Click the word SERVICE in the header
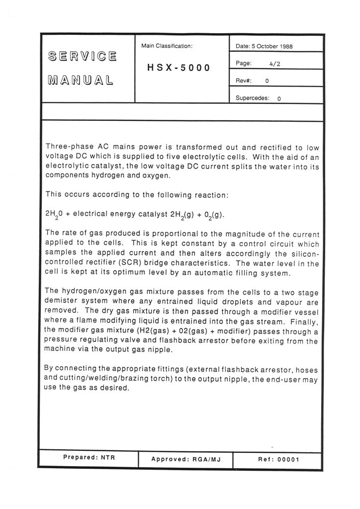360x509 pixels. (x=83, y=56)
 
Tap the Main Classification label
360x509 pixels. (x=167, y=46)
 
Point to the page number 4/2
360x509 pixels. (x=275, y=64)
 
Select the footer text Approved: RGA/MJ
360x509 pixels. (x=185, y=459)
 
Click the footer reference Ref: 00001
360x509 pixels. (x=278, y=459)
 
